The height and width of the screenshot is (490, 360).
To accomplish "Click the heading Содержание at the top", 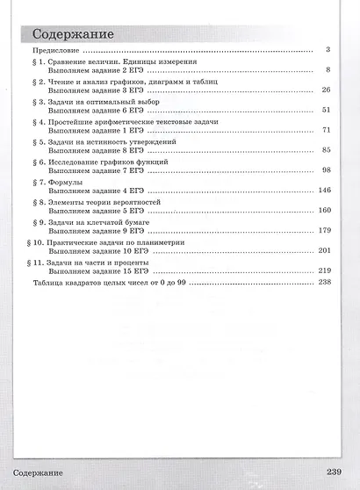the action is point(73,35).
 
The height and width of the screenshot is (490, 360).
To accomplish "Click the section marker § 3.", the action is point(40,101).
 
